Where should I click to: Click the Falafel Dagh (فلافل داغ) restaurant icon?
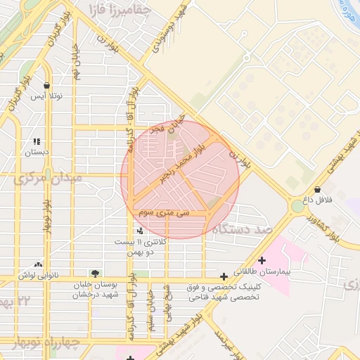pos(318,189)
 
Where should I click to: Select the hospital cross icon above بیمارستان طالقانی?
pos(262,260)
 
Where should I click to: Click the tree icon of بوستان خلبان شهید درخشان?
pos(95,273)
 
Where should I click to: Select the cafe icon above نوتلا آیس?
pos(46,85)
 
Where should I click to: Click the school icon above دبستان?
pos(35,141)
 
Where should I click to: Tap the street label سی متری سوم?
pos(164,212)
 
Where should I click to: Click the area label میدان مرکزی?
pos(47,179)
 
